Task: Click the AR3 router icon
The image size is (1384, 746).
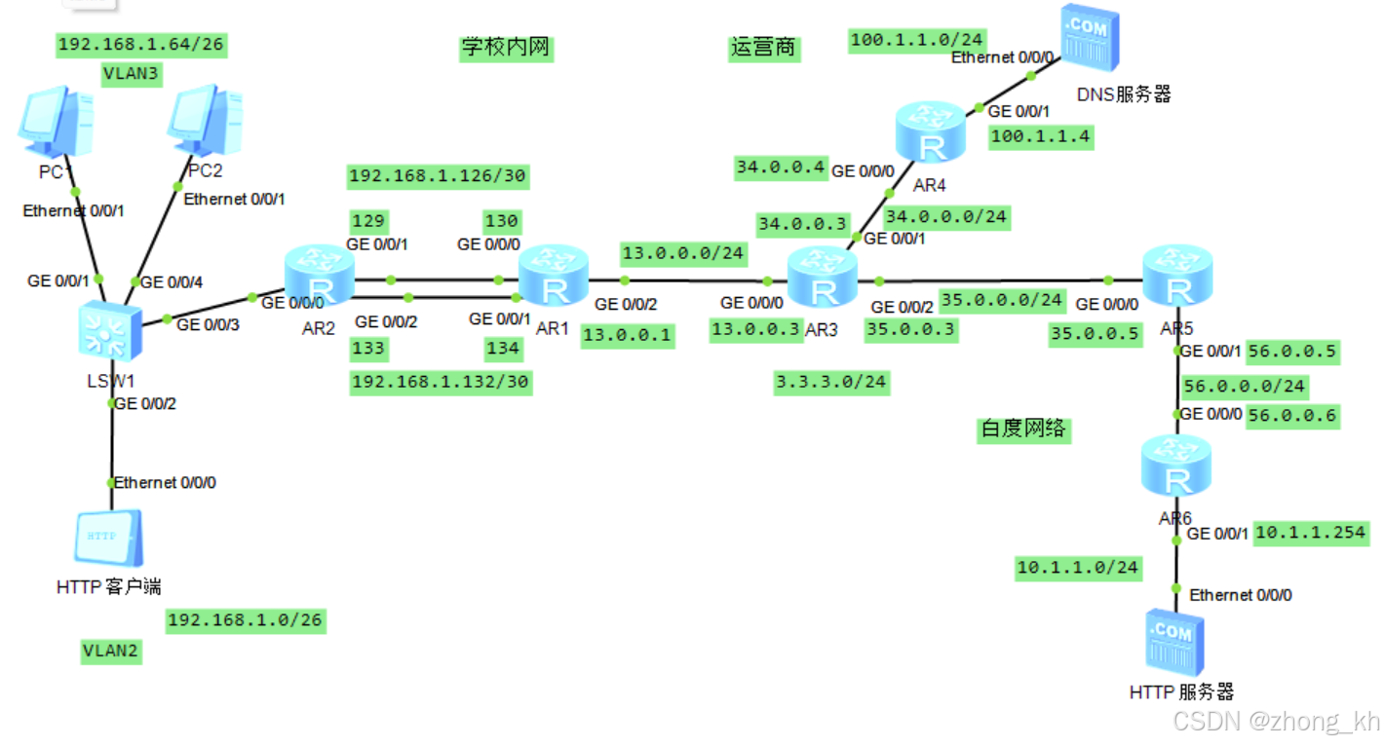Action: click(x=822, y=280)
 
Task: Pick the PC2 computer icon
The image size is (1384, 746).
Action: click(x=204, y=123)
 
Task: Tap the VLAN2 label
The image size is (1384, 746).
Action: click(x=111, y=652)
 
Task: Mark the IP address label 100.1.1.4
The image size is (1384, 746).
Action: click(x=1039, y=137)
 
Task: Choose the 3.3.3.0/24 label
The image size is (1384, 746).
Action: click(x=831, y=381)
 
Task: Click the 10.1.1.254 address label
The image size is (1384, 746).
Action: click(x=1311, y=533)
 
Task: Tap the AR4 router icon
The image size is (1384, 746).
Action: click(x=931, y=135)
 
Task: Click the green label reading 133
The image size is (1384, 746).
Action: click(x=369, y=348)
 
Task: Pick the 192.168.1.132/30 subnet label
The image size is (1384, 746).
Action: click(x=441, y=381)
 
